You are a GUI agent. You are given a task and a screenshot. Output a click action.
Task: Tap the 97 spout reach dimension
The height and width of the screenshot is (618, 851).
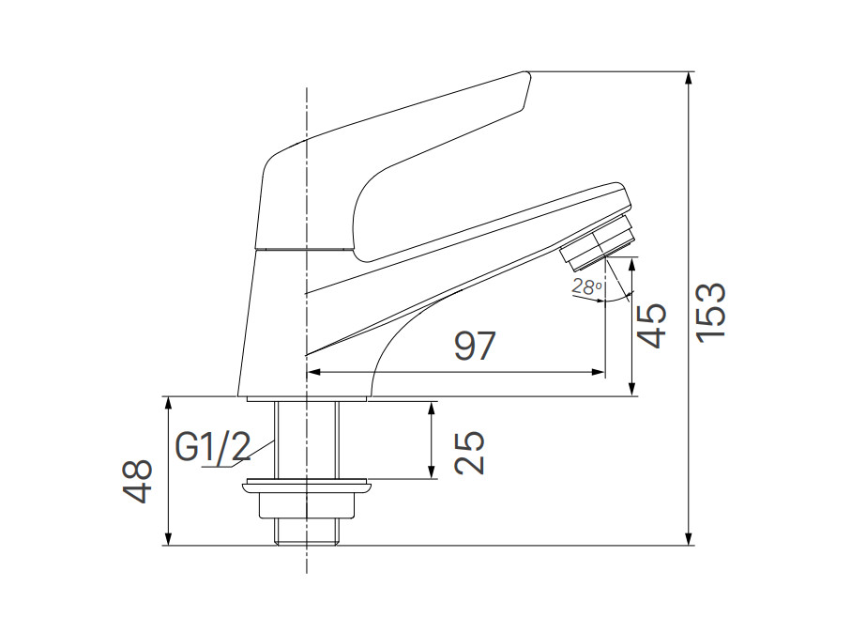pos(474,346)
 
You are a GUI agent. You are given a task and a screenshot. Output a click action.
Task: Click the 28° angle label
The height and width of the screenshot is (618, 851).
pos(586,287)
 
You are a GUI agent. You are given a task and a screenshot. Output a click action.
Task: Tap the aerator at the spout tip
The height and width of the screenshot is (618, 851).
pos(599,239)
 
